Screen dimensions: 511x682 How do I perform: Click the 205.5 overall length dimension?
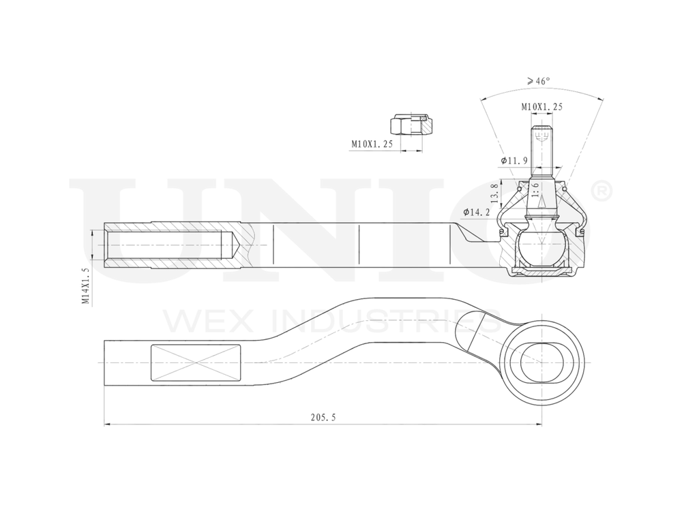coord(322,418)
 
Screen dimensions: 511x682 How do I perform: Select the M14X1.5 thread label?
coord(85,285)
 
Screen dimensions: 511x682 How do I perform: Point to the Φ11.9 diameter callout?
coord(514,160)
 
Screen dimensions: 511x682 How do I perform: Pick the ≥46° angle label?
coord(538,80)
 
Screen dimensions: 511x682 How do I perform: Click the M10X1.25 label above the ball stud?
coord(542,107)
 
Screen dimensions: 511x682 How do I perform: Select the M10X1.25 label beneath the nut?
coord(372,144)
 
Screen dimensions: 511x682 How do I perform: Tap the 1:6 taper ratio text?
coord(535,190)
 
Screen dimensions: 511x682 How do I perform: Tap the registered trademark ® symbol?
coord(602,191)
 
